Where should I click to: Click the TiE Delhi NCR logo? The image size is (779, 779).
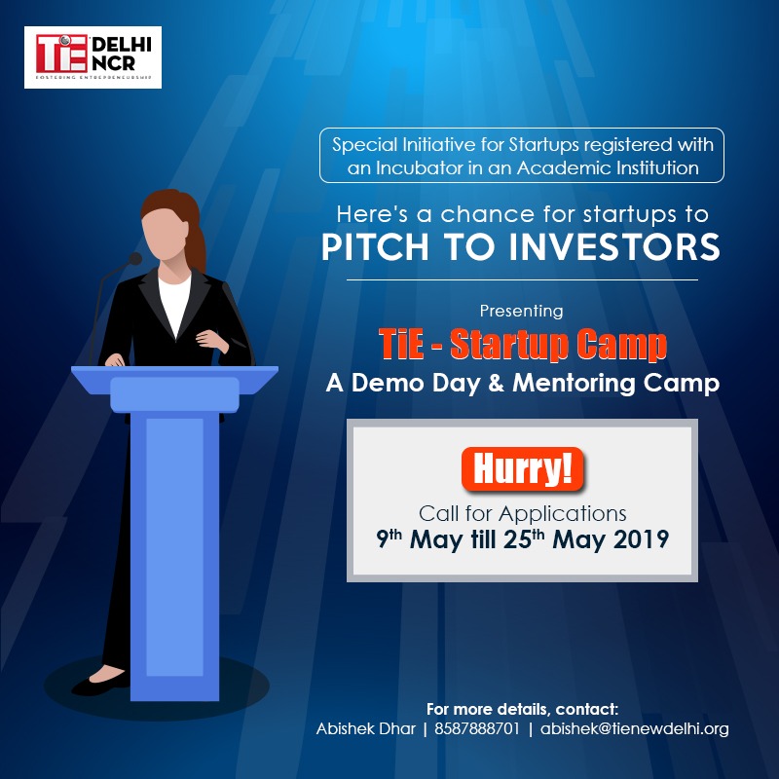pyautogui.click(x=93, y=57)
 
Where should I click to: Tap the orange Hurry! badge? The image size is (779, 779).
pyautogui.click(x=522, y=469)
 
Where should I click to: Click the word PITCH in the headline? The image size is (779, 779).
pyautogui.click(x=375, y=247)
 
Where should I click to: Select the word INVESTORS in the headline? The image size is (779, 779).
pyautogui.click(x=614, y=247)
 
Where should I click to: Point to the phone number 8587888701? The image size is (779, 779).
pyautogui.click(x=477, y=728)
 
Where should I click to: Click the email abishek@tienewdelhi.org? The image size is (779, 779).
pyautogui.click(x=635, y=729)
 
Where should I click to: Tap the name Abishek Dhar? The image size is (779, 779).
pyautogui.click(x=366, y=728)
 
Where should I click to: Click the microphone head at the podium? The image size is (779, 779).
pyautogui.click(x=135, y=258)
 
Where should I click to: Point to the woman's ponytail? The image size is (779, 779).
pyautogui.click(x=198, y=242)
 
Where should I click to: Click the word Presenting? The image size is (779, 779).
pyautogui.click(x=521, y=311)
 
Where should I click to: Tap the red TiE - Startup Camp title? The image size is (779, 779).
pyautogui.click(x=522, y=344)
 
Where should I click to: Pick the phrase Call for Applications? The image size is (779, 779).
pyautogui.click(x=522, y=514)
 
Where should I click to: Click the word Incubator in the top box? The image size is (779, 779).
pyautogui.click(x=419, y=167)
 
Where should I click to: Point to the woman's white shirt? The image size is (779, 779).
pyautogui.click(x=174, y=304)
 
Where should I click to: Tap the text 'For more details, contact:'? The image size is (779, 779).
pyautogui.click(x=522, y=709)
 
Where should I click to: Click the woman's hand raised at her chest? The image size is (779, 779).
pyautogui.click(x=210, y=340)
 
